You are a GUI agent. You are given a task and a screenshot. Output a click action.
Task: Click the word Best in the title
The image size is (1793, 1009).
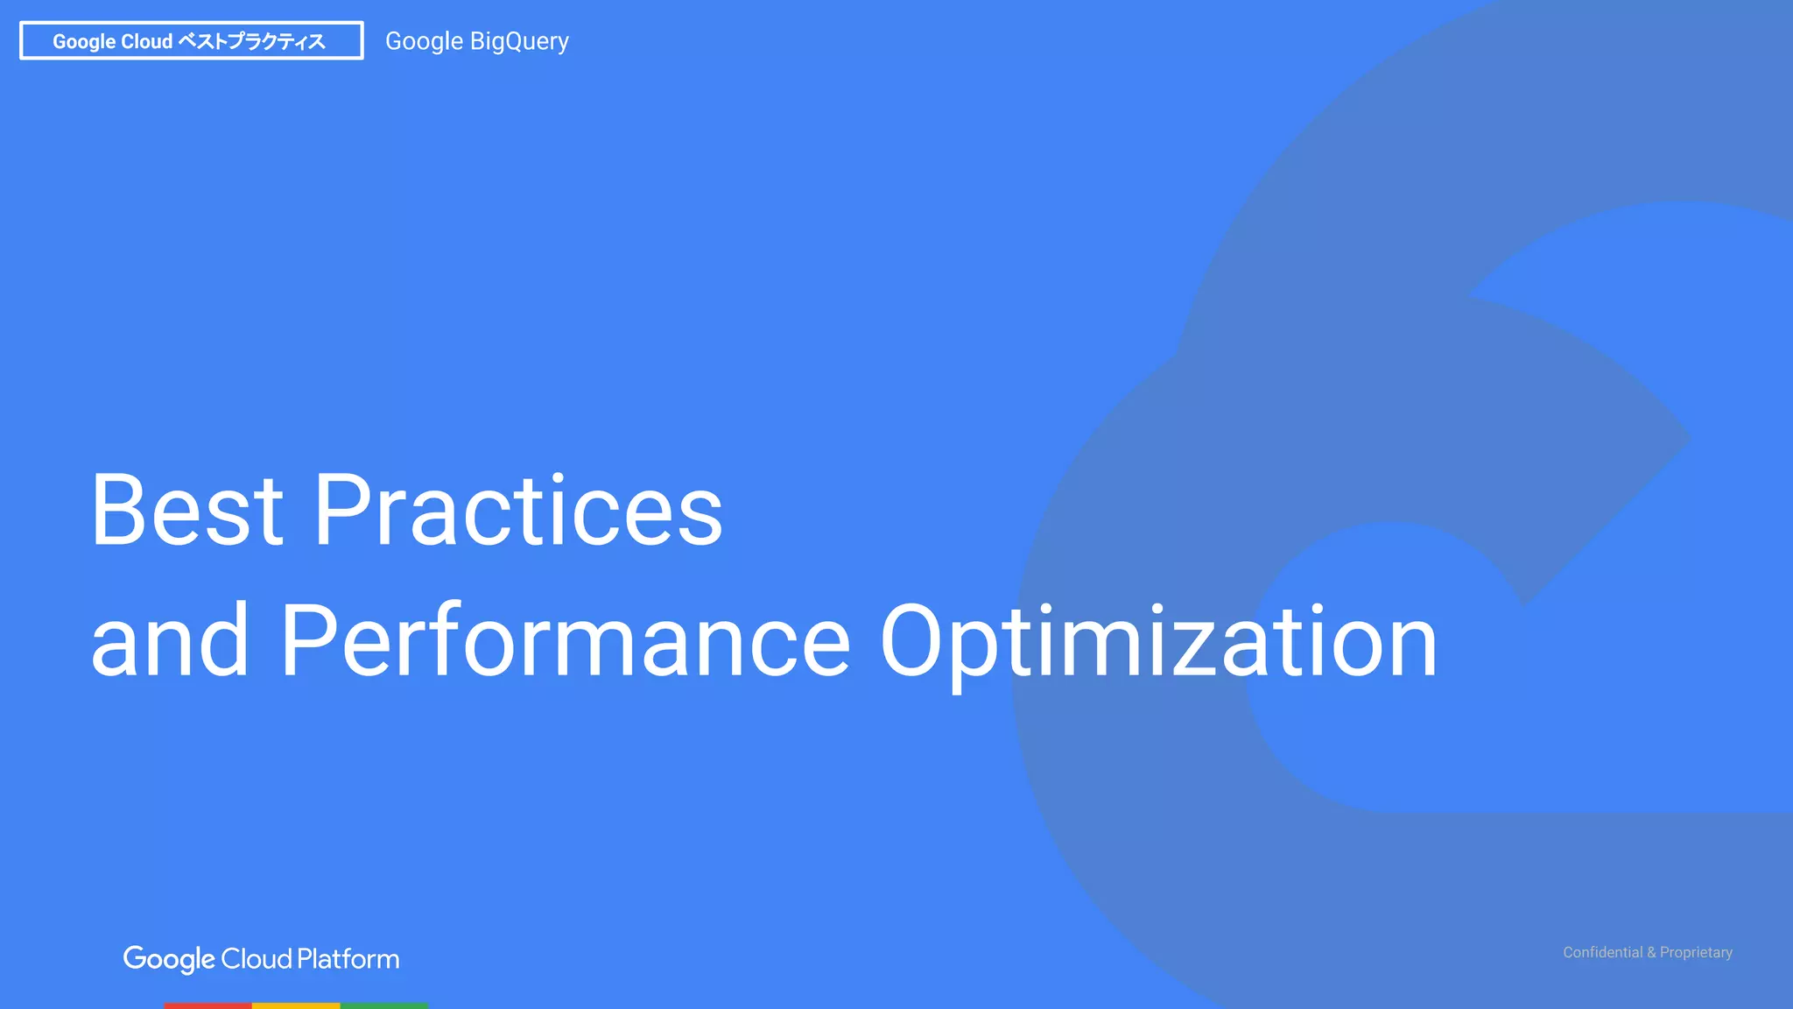(x=186, y=510)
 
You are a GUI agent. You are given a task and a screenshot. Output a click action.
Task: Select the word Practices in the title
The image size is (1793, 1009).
(x=517, y=510)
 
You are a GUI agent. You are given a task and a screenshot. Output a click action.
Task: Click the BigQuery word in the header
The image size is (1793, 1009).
(x=519, y=41)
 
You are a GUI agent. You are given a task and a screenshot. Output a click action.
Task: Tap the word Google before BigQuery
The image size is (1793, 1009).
(x=424, y=41)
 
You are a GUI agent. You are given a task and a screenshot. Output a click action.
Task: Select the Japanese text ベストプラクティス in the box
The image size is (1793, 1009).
(x=251, y=41)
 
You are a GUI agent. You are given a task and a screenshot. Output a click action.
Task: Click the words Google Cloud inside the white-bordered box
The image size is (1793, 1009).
(x=112, y=41)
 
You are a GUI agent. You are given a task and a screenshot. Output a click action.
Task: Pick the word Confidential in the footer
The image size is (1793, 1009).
(x=1602, y=952)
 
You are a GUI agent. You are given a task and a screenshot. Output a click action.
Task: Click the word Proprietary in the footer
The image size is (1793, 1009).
(x=1696, y=952)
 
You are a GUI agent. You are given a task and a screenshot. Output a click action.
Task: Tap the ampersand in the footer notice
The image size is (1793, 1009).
(x=1651, y=952)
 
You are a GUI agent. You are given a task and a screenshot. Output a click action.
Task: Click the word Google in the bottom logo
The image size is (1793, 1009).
(x=169, y=959)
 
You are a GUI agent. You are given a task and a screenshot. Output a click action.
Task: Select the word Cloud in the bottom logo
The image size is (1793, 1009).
(x=256, y=959)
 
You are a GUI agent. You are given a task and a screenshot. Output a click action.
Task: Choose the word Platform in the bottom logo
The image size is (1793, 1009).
(x=348, y=959)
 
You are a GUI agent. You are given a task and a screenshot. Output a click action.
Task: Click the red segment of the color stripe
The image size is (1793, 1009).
(x=207, y=1005)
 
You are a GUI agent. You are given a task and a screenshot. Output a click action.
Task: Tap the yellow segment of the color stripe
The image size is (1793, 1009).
(x=296, y=1005)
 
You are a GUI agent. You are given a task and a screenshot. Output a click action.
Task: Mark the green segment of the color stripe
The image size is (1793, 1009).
(x=383, y=1005)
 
